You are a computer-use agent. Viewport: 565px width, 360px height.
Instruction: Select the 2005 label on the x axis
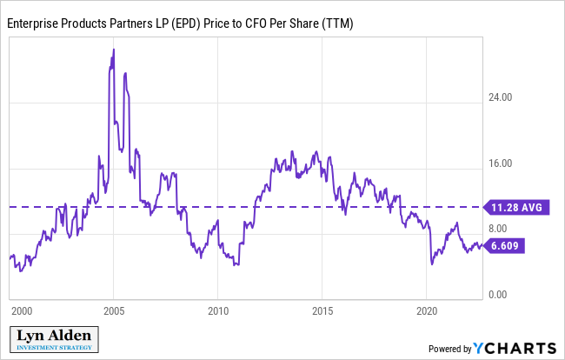114,310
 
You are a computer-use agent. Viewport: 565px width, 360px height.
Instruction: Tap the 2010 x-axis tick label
218,310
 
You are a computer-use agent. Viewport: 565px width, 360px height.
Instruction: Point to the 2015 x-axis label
322,310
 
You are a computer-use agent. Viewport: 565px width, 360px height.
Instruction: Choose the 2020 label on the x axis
427,310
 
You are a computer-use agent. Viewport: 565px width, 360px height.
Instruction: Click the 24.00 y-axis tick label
500,97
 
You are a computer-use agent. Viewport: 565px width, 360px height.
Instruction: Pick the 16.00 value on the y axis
500,163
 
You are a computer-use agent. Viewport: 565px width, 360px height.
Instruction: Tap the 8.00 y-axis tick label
497,229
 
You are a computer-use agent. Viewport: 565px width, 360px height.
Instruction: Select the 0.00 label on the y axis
497,295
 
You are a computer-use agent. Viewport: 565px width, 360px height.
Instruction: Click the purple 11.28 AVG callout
517,208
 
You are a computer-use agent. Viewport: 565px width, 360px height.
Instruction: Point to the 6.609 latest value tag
509,246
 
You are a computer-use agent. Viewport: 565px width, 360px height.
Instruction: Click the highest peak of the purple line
114,50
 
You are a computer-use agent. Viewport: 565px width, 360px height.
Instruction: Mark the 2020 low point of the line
432,263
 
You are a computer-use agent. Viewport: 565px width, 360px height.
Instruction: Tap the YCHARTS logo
514,348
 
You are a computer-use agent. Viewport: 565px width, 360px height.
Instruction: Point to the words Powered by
449,349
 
